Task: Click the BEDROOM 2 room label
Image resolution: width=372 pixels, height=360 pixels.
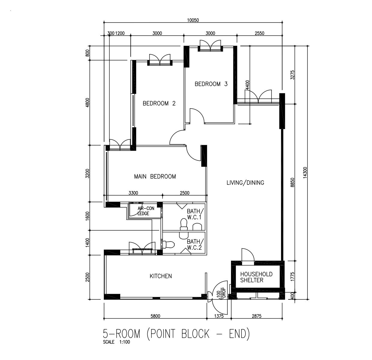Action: coord(159,103)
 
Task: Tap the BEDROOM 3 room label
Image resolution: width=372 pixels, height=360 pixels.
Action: coord(211,84)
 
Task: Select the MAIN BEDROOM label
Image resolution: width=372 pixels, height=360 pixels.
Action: coord(155,176)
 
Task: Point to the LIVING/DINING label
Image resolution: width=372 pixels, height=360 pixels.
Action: coord(245,183)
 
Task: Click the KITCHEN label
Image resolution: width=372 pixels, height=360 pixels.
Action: coord(161,276)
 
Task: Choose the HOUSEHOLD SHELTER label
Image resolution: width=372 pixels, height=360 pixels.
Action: coord(256,277)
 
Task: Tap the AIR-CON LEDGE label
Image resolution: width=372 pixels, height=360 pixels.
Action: coord(146,211)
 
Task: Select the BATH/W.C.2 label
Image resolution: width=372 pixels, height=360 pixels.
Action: coord(195,244)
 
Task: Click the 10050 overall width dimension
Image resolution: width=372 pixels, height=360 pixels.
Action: coord(193,20)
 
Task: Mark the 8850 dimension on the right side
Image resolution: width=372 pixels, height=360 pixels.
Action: coord(292,182)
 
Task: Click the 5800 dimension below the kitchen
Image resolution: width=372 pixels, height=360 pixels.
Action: coord(155,316)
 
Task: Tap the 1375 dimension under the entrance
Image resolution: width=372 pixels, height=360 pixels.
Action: coord(219,316)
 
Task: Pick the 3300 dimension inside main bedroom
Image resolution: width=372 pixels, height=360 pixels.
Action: coord(133,193)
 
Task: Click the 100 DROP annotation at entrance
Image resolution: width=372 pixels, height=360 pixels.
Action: coord(221,293)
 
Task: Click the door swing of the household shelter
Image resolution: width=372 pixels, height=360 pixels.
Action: coord(248,255)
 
